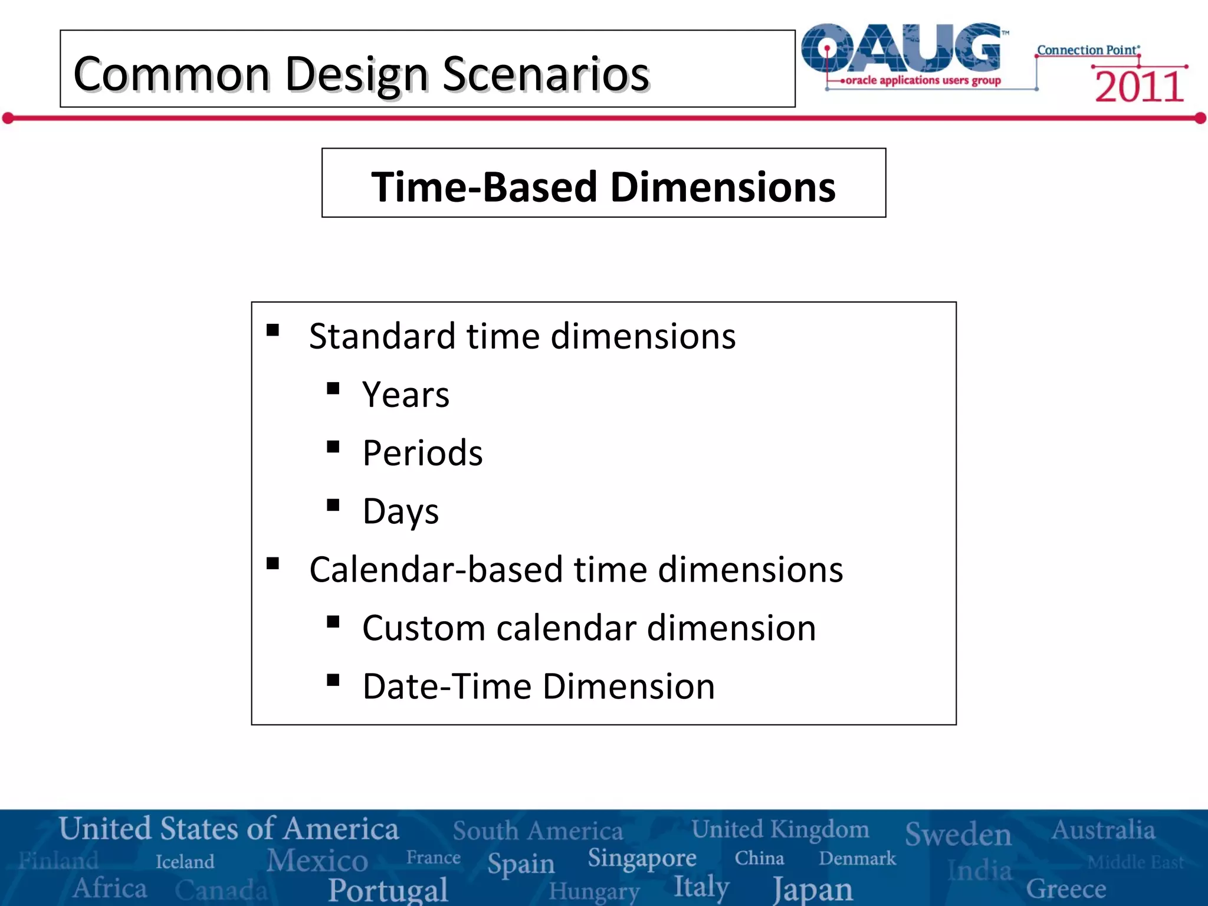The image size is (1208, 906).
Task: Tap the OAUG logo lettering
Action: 902,48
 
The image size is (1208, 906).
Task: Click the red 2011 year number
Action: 1139,87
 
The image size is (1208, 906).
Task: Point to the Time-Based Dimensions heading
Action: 603,186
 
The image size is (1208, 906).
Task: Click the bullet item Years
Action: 406,395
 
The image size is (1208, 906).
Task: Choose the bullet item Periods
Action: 422,453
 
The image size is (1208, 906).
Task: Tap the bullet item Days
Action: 401,511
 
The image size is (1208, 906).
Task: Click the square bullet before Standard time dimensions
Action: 273,330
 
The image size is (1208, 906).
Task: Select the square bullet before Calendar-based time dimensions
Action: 273,563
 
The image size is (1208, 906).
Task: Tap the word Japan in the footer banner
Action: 812,889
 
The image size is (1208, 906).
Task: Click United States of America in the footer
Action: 229,829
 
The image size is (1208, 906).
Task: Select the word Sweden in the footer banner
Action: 958,833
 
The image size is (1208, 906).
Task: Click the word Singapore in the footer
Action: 642,858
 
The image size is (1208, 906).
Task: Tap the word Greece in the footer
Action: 1066,888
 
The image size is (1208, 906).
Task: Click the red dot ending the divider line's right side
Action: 1200,119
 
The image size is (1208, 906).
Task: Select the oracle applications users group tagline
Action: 923,80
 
